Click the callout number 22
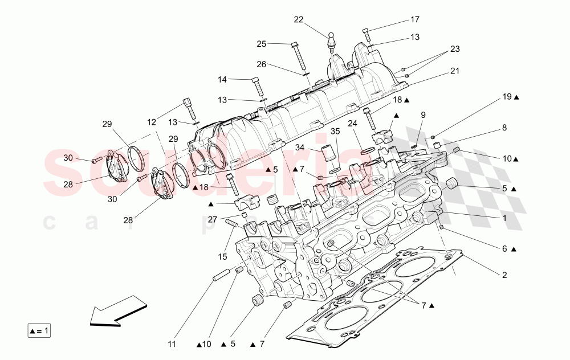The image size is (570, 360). [299, 19]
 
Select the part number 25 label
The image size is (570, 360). [261, 43]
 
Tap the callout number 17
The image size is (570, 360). [414, 20]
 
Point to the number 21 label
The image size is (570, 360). [454, 71]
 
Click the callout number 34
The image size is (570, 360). [300, 148]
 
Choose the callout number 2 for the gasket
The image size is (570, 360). [504, 275]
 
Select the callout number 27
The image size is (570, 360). [212, 219]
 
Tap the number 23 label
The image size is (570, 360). [454, 49]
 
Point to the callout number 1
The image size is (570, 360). [504, 218]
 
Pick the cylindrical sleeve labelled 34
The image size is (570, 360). [327, 154]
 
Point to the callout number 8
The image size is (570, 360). [504, 129]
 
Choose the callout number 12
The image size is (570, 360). [151, 122]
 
